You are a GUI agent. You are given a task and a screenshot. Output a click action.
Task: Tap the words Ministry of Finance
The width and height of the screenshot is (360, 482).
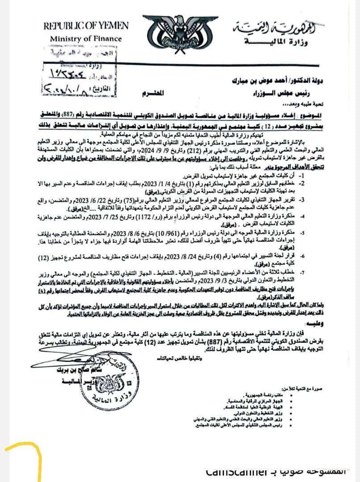[x=85, y=38]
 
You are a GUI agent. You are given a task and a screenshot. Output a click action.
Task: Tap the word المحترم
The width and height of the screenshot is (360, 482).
[x=152, y=93]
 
